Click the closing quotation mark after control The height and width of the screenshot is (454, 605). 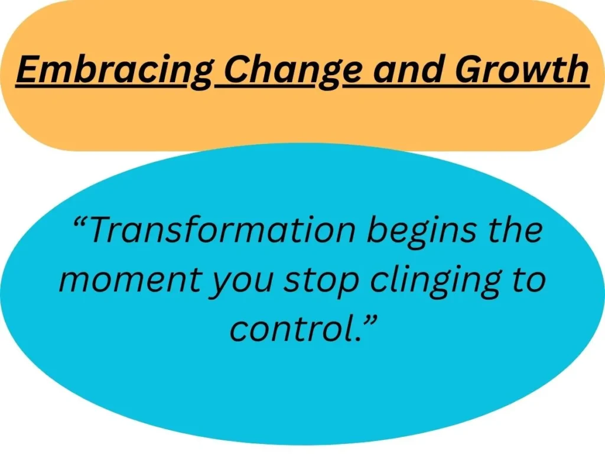(370, 320)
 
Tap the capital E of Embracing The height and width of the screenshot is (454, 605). (27, 70)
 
